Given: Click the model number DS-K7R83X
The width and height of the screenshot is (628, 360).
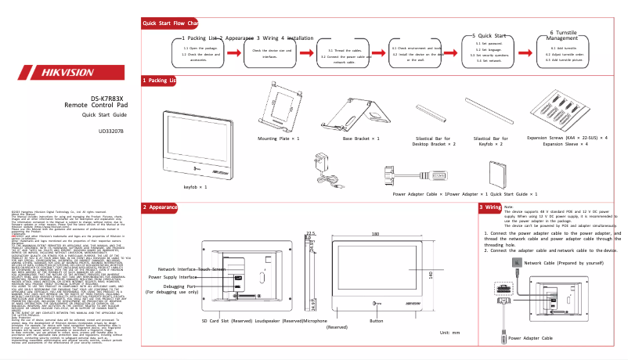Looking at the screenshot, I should pyautogui.click(x=105, y=98).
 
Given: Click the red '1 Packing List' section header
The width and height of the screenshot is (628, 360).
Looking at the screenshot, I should pyautogui.click(x=160, y=81).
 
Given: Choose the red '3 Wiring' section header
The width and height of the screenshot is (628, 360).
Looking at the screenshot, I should pyautogui.click(x=490, y=207).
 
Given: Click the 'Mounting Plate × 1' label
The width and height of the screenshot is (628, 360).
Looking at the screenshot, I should pyautogui.click(x=279, y=137).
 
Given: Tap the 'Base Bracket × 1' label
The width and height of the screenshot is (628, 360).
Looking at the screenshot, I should pyautogui.click(x=361, y=137).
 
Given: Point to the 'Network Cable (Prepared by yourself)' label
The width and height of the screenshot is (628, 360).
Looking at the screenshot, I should pyautogui.click(x=563, y=263).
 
